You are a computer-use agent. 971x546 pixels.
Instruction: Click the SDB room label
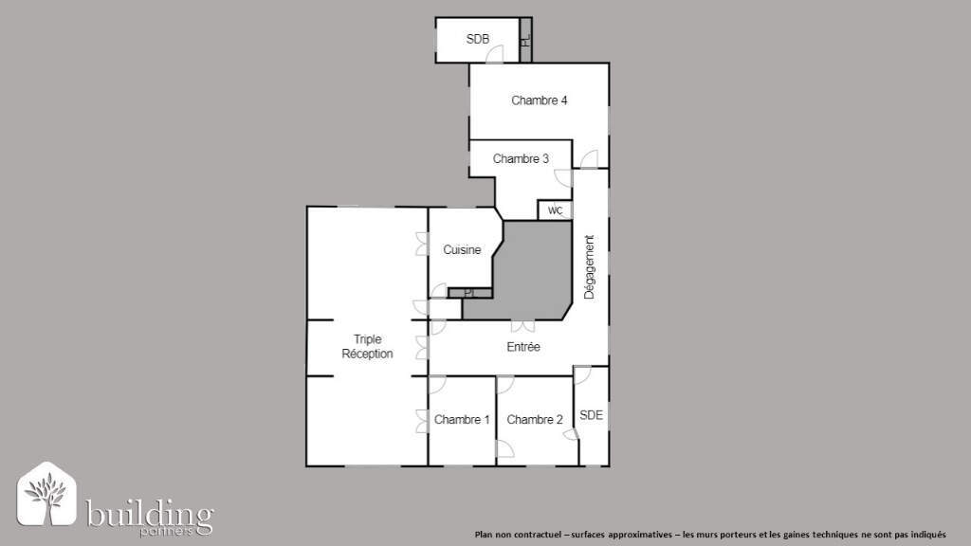click(478, 39)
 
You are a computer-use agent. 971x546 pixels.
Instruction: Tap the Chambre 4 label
click(539, 100)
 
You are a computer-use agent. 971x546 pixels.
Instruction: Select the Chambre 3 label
click(521, 158)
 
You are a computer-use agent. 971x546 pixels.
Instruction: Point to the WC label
click(556, 210)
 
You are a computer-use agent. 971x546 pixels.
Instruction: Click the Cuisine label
click(462, 249)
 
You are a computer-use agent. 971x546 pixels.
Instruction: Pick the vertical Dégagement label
click(589, 266)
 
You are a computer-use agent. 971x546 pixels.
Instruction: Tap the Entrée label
click(523, 347)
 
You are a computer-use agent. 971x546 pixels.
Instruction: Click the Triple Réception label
click(367, 347)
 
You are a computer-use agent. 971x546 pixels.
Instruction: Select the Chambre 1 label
click(462, 420)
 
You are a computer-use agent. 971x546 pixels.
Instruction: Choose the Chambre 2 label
click(535, 420)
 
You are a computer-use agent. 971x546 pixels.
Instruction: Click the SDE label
click(592, 415)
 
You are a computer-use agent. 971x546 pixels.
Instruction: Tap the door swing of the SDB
click(493, 54)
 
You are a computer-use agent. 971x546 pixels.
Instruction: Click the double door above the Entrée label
click(523, 326)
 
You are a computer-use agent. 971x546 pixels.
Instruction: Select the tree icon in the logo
click(46, 493)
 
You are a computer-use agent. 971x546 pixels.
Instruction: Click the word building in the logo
click(150, 513)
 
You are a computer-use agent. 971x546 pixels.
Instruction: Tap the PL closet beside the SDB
click(525, 40)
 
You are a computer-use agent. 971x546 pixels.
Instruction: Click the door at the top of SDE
click(582, 374)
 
